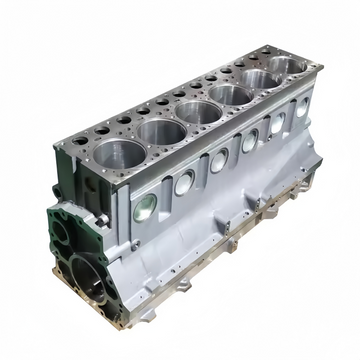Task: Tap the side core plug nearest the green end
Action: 146,207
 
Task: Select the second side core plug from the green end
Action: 185,182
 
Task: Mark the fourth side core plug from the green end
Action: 249,142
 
